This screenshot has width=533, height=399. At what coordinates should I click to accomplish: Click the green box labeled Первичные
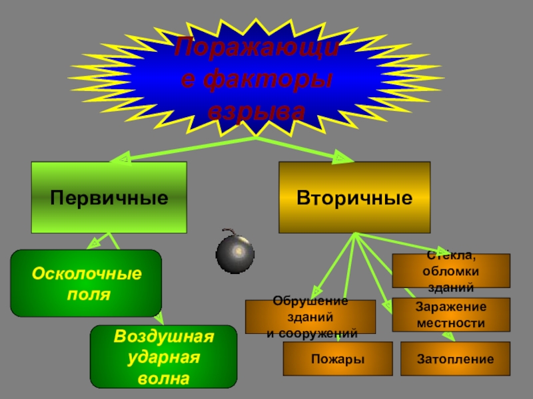pos(109,197)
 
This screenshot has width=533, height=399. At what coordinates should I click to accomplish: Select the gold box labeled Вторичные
pos(354,197)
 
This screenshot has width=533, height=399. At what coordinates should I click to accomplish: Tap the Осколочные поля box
pos(86,283)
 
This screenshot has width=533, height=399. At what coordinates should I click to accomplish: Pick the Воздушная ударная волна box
pos(163,356)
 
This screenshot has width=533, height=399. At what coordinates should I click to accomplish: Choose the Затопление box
pos(455,359)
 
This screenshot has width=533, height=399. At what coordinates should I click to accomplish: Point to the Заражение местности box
pos(450,315)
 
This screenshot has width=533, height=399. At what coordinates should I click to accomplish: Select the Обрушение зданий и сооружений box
pos(310,317)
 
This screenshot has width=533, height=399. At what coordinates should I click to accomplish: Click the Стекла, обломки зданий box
pos(450,271)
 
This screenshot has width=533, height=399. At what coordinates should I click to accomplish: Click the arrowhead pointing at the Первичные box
pos(122,160)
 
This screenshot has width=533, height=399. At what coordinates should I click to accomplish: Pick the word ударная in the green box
pos(163,357)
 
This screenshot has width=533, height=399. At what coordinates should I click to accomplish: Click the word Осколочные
pos(87,273)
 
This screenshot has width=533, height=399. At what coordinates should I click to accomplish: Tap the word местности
pos(450,323)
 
